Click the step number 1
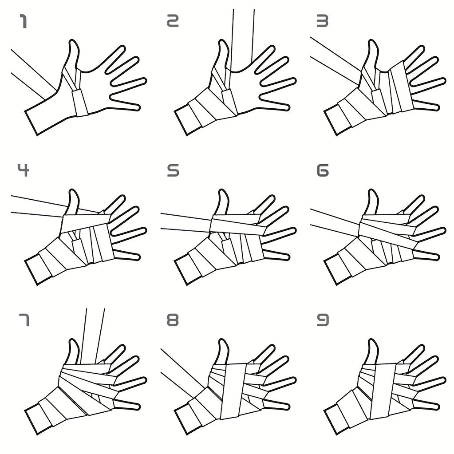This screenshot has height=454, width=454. click(24, 21)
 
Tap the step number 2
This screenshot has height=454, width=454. click(173, 21)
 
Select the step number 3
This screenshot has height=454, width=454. click(323, 21)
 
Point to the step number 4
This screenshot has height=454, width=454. click(24, 170)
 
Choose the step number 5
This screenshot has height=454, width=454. click(173, 170)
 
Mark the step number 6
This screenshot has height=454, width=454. click(323, 170)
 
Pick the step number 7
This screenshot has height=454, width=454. click(24, 320)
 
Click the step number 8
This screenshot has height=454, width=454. click(173, 320)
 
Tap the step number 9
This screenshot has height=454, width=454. click(323, 320)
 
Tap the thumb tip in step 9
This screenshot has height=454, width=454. click(373, 340)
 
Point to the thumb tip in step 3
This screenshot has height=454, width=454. click(373, 41)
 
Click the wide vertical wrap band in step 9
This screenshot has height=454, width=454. click(383, 391)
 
